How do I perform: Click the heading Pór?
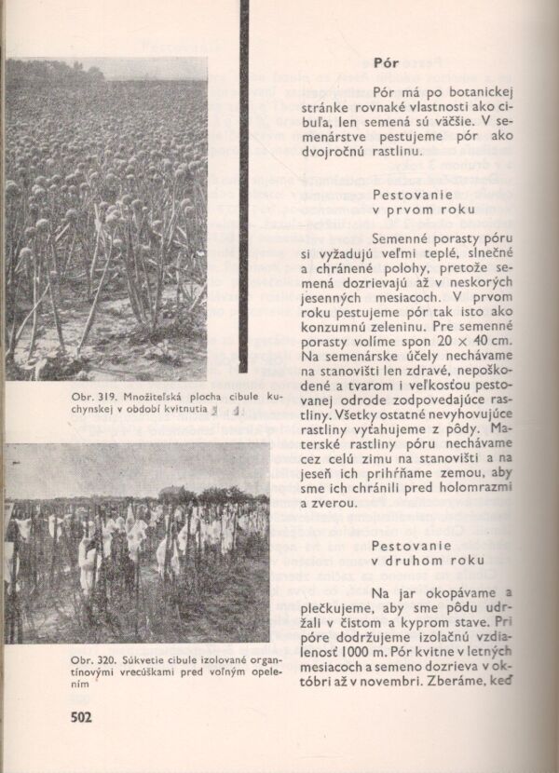(x=387, y=64)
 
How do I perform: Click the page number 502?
(x=87, y=717)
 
